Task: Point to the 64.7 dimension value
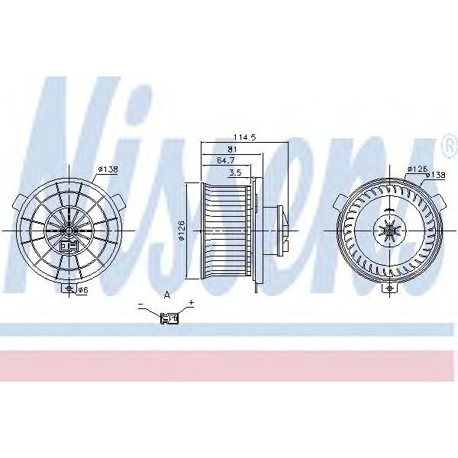pos(225,161)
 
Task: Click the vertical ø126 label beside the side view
pos(181,229)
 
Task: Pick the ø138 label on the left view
pos(107,169)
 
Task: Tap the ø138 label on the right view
pos(435,175)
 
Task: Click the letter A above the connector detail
pos(166,295)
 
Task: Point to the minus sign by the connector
pos(141,305)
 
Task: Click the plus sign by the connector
pos(191,304)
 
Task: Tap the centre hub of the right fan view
pos(389,229)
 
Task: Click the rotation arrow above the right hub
pos(389,210)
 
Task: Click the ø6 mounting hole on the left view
pos(69,288)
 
